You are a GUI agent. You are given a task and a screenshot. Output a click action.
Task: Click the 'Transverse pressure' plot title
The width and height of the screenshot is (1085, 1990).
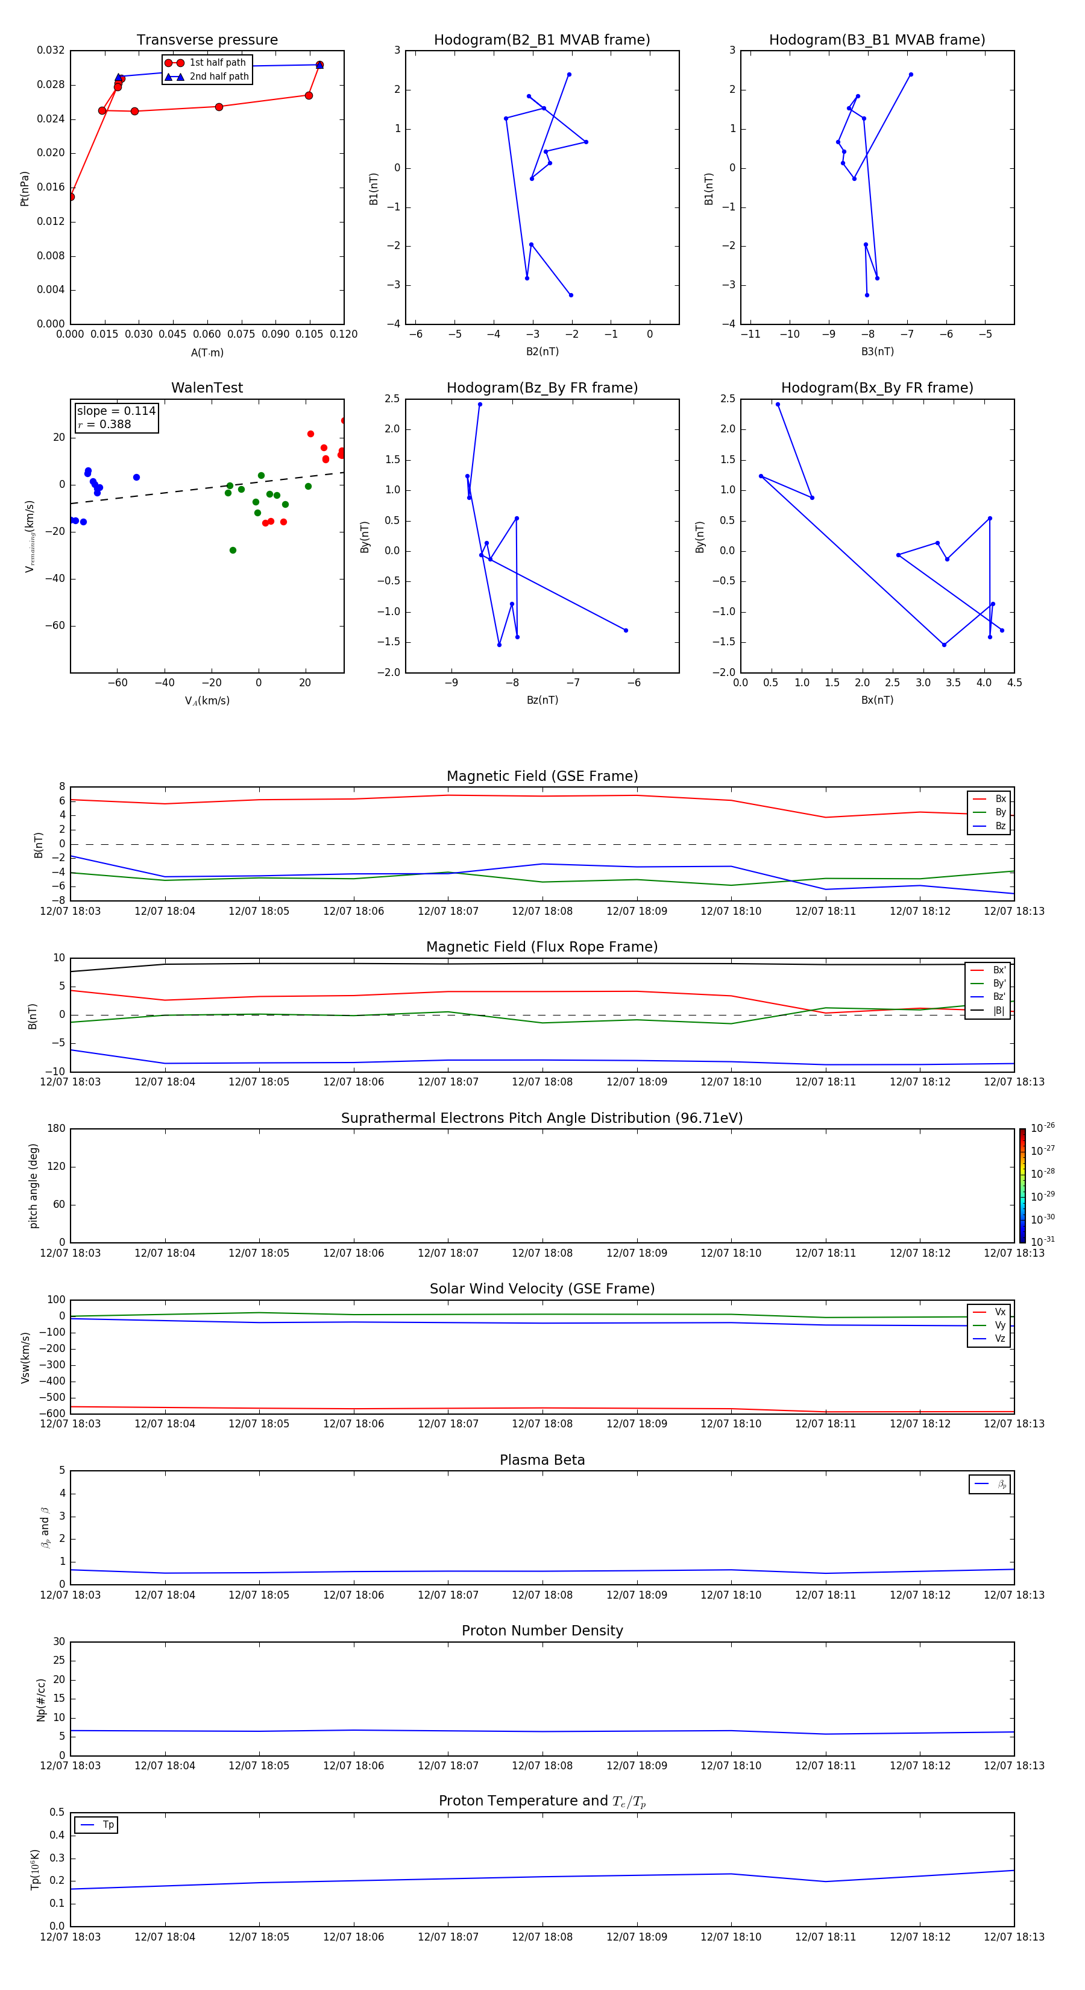(207, 40)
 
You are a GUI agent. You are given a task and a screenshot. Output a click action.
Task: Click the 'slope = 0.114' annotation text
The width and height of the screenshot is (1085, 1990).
(116, 411)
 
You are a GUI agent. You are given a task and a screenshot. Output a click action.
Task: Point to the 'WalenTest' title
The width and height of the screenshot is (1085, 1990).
(207, 388)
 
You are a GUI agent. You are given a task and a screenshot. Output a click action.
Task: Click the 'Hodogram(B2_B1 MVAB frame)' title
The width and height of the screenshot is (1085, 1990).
(541, 40)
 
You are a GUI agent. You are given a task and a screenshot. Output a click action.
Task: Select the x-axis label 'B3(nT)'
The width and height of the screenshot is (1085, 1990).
(877, 352)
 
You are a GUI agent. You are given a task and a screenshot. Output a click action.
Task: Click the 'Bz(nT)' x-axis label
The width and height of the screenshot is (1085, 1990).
(542, 700)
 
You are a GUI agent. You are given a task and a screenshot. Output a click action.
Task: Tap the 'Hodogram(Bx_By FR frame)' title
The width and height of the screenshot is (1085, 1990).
(876, 388)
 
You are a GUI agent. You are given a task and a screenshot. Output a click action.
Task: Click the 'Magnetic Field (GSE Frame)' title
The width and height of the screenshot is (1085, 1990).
(542, 776)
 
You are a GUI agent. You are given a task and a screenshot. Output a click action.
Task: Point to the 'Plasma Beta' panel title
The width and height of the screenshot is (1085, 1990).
(542, 1460)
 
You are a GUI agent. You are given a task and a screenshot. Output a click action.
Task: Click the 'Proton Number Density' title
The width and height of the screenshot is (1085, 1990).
(542, 1631)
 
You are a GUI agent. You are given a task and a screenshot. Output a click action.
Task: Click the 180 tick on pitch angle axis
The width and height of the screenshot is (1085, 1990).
(57, 1129)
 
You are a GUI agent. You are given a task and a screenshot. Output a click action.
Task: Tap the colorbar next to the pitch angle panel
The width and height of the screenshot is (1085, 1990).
(1022, 1185)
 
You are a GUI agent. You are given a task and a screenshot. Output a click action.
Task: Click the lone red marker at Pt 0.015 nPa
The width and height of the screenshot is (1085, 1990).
(71, 197)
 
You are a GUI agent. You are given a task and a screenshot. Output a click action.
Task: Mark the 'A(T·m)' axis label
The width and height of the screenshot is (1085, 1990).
(207, 353)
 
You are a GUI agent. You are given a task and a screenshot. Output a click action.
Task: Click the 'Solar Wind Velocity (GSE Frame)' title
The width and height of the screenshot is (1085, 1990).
(542, 1289)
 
